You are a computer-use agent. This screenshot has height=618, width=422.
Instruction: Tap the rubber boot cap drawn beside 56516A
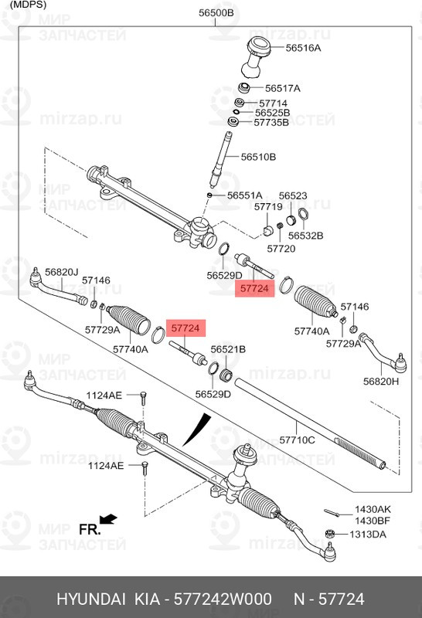(257, 54)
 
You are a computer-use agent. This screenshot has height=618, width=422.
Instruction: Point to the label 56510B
(258, 157)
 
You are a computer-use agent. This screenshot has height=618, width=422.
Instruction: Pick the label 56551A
(244, 195)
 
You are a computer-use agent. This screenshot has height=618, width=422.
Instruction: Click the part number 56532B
(305, 235)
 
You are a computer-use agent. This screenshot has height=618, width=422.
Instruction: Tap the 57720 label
(281, 249)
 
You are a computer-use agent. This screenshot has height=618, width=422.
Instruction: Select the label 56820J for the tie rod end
(62, 272)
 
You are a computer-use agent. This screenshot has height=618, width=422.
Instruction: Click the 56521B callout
(228, 349)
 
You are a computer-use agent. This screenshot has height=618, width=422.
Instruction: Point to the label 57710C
(297, 440)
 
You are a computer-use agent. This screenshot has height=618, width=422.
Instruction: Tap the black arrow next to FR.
(108, 518)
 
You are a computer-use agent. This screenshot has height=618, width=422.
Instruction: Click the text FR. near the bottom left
(89, 530)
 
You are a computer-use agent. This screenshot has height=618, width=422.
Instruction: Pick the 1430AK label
(373, 510)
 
